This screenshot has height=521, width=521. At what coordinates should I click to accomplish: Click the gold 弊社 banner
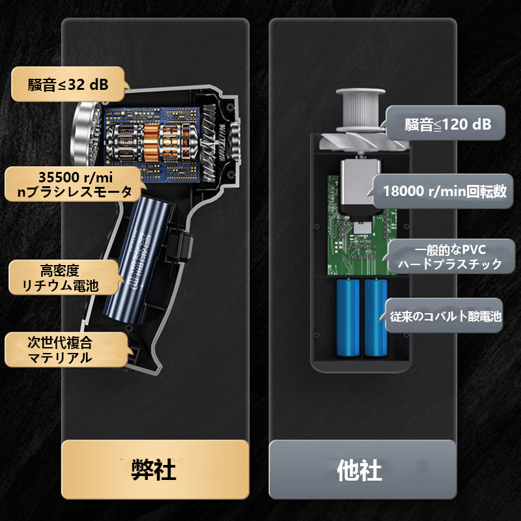coord(155,469)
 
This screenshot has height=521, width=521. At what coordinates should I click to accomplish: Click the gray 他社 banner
coord(362,469)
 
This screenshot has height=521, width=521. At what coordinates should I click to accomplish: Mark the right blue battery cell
coord(375,317)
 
